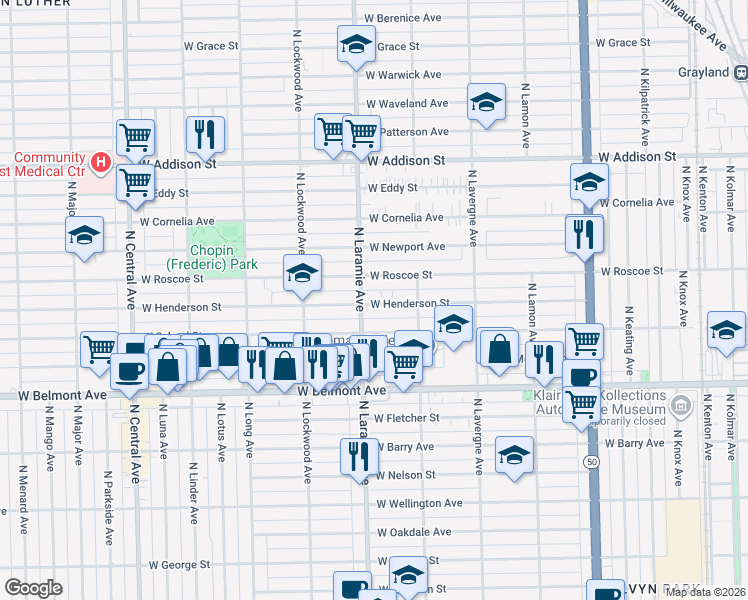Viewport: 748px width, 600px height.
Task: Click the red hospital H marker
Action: coord(100,161)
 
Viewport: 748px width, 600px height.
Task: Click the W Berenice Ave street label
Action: coord(402,18)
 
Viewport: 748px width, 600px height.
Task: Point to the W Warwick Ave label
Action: coord(403,75)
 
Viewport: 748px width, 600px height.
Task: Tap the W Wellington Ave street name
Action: coord(420,504)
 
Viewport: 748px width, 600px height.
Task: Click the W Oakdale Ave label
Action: coord(413,532)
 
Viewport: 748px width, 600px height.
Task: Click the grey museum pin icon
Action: coord(681,406)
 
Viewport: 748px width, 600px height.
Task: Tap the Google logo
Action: coord(33,588)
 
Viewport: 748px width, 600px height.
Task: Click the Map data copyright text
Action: coord(705,592)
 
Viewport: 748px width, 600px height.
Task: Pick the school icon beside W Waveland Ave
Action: coord(486,103)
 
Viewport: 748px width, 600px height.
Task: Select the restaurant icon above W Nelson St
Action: coord(359,456)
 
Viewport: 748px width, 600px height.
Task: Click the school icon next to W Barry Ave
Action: coord(514,455)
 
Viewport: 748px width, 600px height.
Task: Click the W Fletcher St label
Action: coord(405,418)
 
